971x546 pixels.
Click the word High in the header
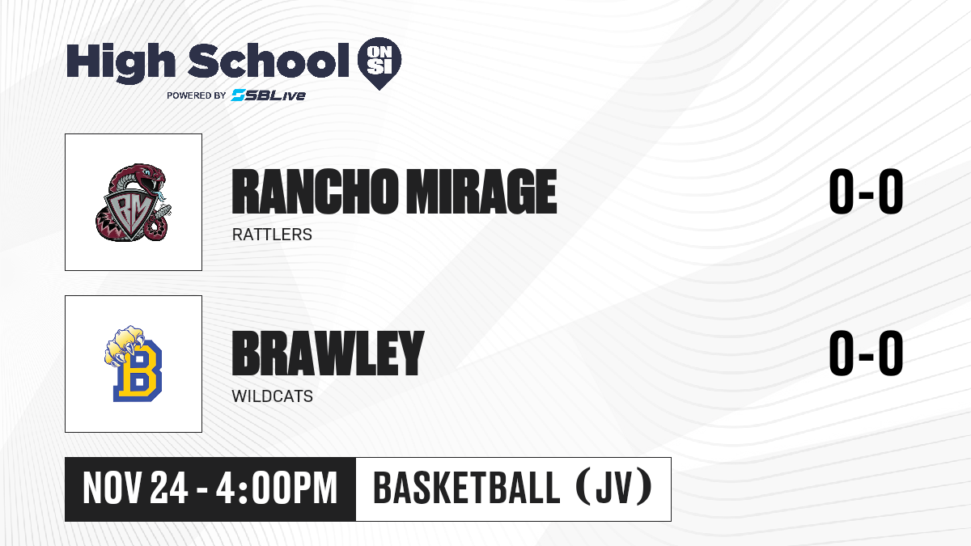(121, 62)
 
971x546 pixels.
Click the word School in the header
(269, 60)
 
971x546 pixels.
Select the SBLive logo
(268, 95)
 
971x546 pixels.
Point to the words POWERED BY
(197, 95)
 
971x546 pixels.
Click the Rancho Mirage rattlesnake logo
(133, 202)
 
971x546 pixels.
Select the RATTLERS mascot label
(272, 235)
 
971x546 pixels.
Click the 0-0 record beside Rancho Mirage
(866, 191)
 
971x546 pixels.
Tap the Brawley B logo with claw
(133, 363)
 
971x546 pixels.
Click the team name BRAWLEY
(328, 353)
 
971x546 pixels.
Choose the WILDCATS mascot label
(272, 396)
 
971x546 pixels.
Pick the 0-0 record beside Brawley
(866, 353)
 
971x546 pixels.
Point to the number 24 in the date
(168, 488)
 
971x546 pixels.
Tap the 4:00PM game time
(277, 488)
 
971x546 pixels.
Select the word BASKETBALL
(466, 488)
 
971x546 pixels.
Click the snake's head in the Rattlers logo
(150, 176)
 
